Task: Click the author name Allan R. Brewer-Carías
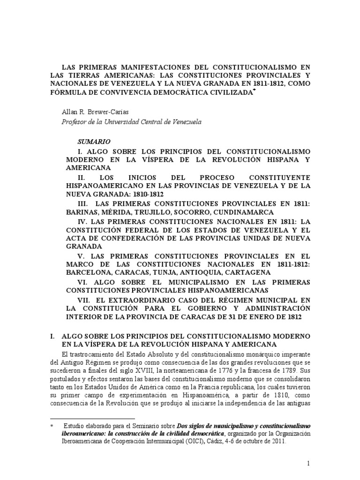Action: tap(95, 112)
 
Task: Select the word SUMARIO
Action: tap(93, 141)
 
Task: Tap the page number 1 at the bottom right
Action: tap(308, 464)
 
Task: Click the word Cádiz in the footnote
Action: tap(241, 441)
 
